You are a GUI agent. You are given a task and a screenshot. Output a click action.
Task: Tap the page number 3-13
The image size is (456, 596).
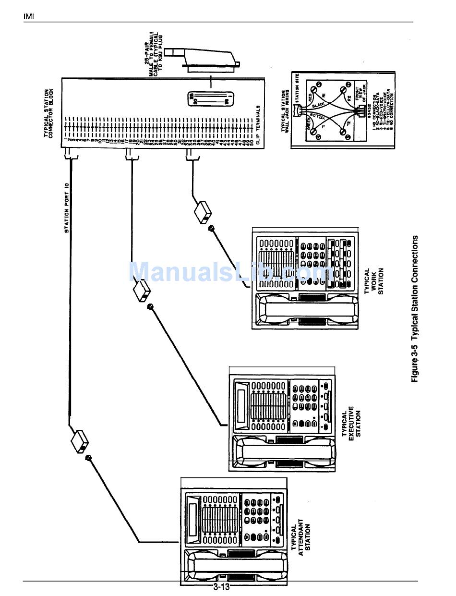pos(222,587)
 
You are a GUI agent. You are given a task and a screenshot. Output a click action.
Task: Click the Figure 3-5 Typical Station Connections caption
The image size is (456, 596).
pos(415,309)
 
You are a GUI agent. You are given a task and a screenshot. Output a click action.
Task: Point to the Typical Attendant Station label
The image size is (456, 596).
pos(301,537)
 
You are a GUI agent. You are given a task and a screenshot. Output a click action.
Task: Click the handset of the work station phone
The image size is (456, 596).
pos(310,310)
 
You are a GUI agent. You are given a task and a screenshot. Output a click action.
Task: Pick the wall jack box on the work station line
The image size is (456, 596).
pos(203,211)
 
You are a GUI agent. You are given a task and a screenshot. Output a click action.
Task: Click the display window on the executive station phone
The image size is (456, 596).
pos(241,404)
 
